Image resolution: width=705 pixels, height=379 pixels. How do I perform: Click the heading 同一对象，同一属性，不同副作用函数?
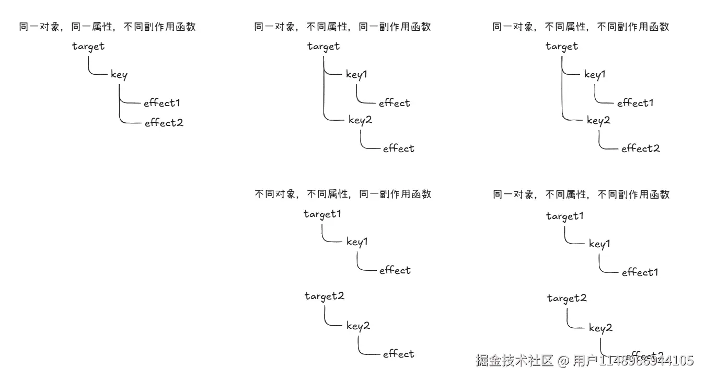107,27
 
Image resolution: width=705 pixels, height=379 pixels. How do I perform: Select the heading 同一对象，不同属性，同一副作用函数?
342,27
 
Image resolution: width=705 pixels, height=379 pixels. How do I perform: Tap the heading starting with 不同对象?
343,194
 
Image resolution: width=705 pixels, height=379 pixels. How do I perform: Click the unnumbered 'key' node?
119,75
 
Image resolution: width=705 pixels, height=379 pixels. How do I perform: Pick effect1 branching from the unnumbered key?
161,103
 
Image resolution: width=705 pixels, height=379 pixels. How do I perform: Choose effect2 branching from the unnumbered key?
164,123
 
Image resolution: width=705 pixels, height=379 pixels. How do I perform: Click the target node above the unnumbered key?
88,47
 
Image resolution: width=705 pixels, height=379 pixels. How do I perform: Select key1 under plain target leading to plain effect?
356,74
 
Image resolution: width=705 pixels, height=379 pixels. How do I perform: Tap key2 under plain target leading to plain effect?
360,120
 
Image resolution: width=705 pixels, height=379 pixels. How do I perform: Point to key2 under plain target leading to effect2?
598,120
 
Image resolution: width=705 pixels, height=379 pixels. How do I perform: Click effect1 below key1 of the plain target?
635,103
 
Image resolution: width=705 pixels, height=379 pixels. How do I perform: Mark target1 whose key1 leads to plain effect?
322,214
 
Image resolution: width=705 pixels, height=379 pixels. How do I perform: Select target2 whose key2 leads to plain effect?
325,296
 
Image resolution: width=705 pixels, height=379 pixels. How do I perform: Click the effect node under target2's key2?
398,354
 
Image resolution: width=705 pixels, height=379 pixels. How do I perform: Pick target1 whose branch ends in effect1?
564,216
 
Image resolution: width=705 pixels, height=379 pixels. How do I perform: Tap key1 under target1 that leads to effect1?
599,244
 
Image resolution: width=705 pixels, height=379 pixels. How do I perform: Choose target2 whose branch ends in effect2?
567,298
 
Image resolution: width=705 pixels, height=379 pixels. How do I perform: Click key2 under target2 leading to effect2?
600,328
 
